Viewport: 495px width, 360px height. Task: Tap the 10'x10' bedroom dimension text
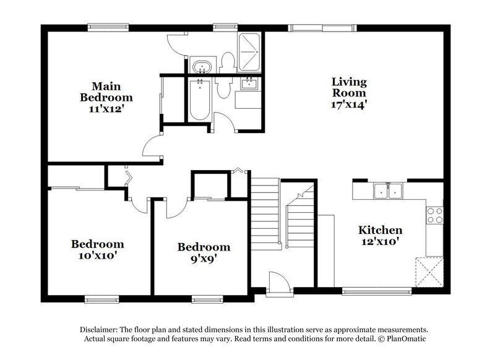(97, 255)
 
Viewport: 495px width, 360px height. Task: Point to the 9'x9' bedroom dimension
(204, 258)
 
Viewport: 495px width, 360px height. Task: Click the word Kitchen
(381, 230)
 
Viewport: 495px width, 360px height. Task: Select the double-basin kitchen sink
(388, 191)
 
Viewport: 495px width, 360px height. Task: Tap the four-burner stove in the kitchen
(435, 214)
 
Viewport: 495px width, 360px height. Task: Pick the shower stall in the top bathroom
(250, 45)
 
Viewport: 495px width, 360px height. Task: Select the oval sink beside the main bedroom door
(200, 66)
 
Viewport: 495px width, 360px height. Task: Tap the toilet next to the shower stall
(227, 62)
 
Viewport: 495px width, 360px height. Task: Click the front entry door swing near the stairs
(278, 284)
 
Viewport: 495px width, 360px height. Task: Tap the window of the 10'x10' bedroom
(101, 299)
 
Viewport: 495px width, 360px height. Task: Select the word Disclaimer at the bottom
(102, 330)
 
